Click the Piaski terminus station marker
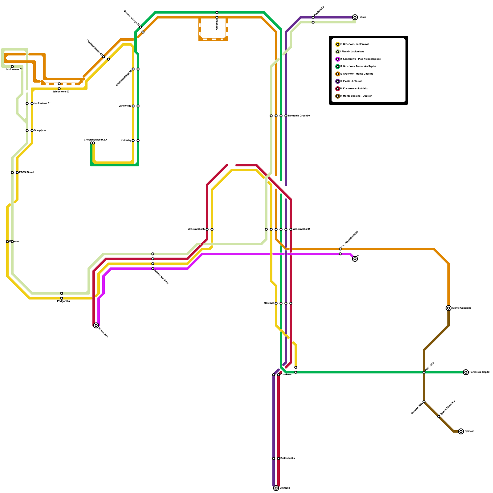[355, 17]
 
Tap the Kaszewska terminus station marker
[96, 325]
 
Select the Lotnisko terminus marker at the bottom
[276, 488]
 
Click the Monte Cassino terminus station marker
[449, 308]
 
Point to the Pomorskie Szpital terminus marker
[466, 372]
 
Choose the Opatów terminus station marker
[461, 431]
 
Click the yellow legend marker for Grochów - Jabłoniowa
[338, 44]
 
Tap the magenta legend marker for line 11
[338, 59]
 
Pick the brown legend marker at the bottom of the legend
[338, 96]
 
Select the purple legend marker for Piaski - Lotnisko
[338, 81]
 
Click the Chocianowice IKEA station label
[96, 140]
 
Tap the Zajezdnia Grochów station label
[299, 116]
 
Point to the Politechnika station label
[287, 458]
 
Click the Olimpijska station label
[40, 131]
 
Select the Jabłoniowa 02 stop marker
[12, 67]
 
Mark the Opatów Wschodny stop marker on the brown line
[439, 417]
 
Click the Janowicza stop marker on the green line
[138, 106]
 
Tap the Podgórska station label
[63, 301]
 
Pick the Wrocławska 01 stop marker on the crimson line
[291, 229]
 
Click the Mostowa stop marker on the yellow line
[276, 303]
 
